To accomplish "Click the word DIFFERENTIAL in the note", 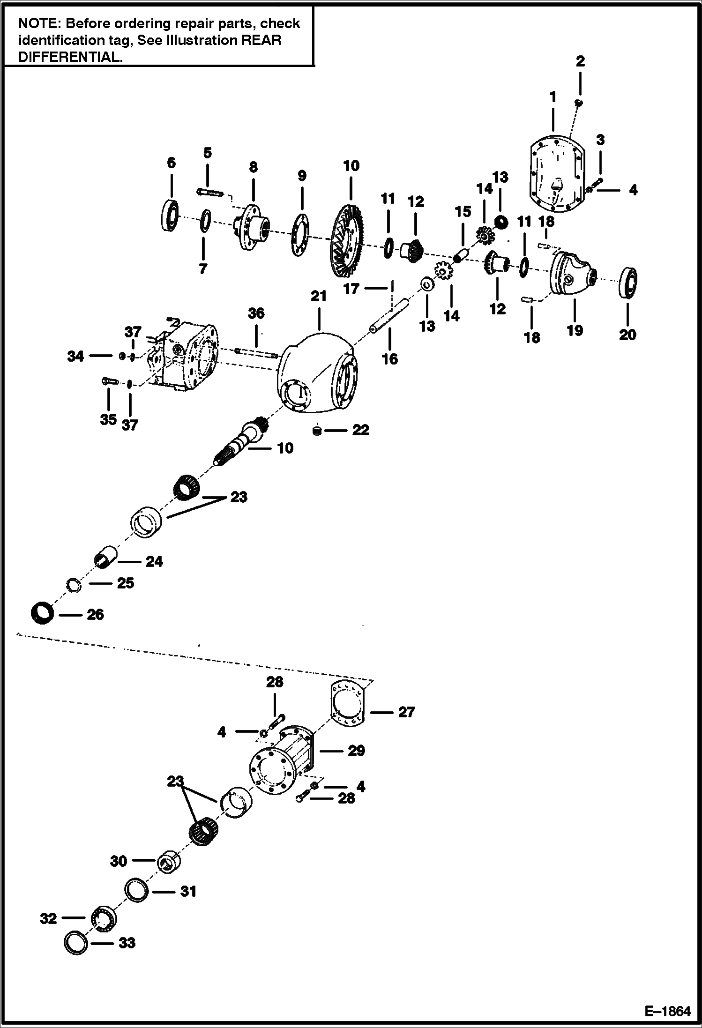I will (68, 57).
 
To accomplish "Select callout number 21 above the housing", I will (318, 296).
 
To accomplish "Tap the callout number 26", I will (95, 614).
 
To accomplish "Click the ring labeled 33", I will (76, 943).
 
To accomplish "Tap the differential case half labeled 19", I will (572, 274).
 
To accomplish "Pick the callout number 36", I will (256, 313).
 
